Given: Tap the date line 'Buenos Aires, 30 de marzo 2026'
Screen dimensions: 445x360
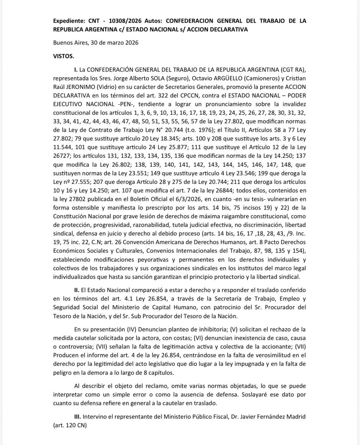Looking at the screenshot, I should tap(96, 43).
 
